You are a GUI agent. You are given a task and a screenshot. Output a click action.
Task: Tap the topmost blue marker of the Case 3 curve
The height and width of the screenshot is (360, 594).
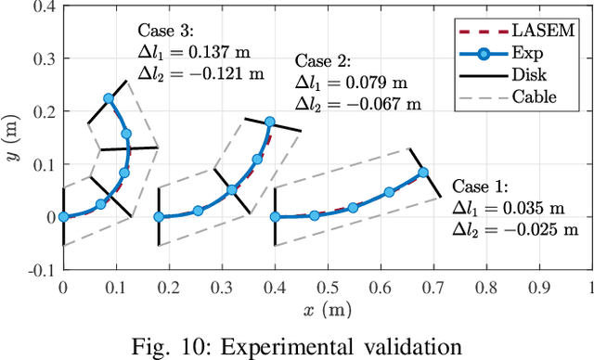point(109,97)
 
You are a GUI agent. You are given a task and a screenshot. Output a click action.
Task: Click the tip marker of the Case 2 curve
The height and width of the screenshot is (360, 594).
point(270,122)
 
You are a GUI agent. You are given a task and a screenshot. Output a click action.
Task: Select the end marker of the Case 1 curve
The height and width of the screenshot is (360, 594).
point(423,173)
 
